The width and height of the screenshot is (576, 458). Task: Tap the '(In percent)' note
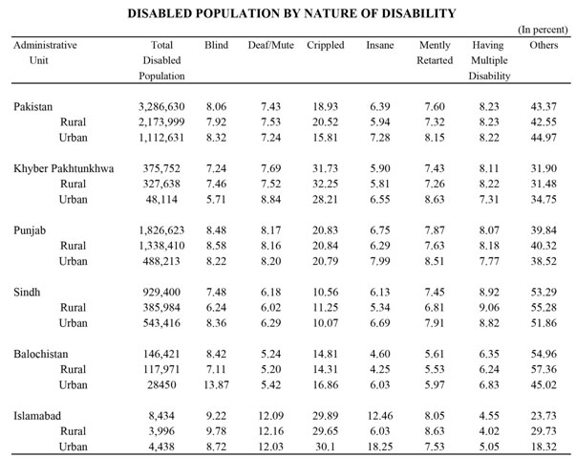tap(543, 30)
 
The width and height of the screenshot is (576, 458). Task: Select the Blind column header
tap(217, 45)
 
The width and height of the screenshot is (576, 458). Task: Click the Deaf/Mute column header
tap(270, 45)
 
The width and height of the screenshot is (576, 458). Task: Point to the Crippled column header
tap(326, 45)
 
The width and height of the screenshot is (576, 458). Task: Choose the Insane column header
tap(380, 45)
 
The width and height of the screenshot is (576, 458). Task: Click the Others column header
tap(544, 45)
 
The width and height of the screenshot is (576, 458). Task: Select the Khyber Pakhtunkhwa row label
tap(64, 168)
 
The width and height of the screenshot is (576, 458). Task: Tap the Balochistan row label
tap(41, 354)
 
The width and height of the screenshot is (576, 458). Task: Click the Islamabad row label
tap(37, 416)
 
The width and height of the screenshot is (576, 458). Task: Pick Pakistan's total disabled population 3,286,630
tap(161, 107)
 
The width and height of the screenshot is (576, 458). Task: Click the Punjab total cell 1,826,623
tap(161, 230)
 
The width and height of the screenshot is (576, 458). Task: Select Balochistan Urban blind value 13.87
tap(217, 384)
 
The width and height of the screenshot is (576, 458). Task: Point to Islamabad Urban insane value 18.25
tap(380, 447)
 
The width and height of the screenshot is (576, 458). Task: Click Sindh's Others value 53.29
tap(544, 293)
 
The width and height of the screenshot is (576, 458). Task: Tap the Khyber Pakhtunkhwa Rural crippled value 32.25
tap(326, 184)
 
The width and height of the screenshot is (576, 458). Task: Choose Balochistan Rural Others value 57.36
tap(544, 369)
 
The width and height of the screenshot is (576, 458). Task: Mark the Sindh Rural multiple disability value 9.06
tap(489, 307)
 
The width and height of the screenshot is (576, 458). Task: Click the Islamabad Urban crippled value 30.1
tap(326, 447)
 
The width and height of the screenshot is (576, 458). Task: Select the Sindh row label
tap(27, 293)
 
